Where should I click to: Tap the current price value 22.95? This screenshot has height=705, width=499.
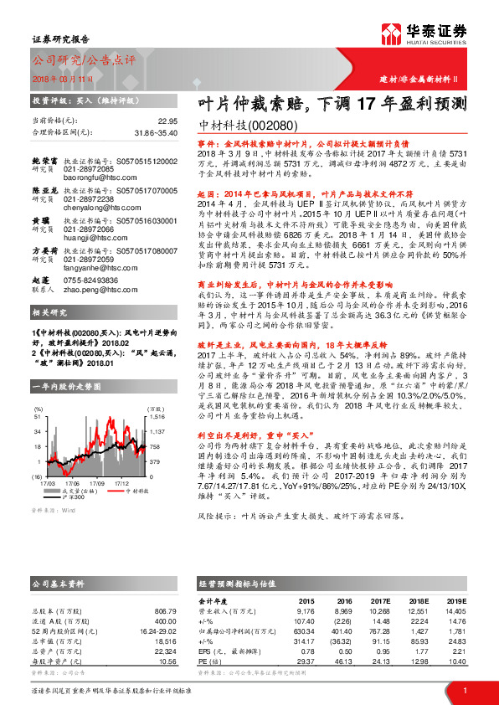(x=167, y=121)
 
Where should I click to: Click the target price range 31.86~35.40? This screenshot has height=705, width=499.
(x=156, y=131)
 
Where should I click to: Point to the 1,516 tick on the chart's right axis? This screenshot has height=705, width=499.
(x=157, y=415)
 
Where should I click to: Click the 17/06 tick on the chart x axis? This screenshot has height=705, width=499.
(x=72, y=483)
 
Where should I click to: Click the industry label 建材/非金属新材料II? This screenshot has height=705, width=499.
(x=425, y=79)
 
